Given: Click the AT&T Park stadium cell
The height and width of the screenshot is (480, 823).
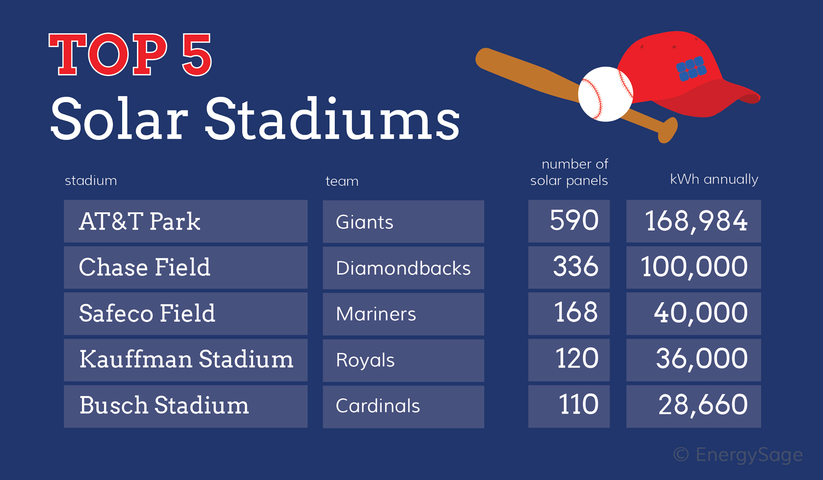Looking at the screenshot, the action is [x=186, y=221].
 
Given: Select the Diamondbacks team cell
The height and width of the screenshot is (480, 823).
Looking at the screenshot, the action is [x=403, y=268].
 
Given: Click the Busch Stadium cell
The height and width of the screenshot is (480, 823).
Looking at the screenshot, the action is [x=186, y=406].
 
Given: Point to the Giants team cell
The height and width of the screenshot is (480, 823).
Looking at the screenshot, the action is [x=403, y=222].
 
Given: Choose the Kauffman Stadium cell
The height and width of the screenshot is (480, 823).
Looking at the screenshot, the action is [x=186, y=360].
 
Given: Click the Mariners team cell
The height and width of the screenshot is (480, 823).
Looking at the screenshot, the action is [x=403, y=314].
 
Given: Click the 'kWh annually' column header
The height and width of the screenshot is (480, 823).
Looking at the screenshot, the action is [x=714, y=179].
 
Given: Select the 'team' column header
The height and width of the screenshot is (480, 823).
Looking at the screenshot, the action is [x=342, y=181].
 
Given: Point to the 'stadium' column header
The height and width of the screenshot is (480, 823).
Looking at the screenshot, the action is [x=91, y=181].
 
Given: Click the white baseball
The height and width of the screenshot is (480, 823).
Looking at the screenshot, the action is [x=606, y=94].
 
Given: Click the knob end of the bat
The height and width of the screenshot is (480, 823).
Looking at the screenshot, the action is [x=668, y=129].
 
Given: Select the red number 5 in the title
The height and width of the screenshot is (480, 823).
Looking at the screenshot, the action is [x=197, y=55].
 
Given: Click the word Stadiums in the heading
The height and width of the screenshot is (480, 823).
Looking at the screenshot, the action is [x=332, y=119].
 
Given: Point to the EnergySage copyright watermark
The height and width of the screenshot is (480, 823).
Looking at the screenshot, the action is [x=738, y=455].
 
